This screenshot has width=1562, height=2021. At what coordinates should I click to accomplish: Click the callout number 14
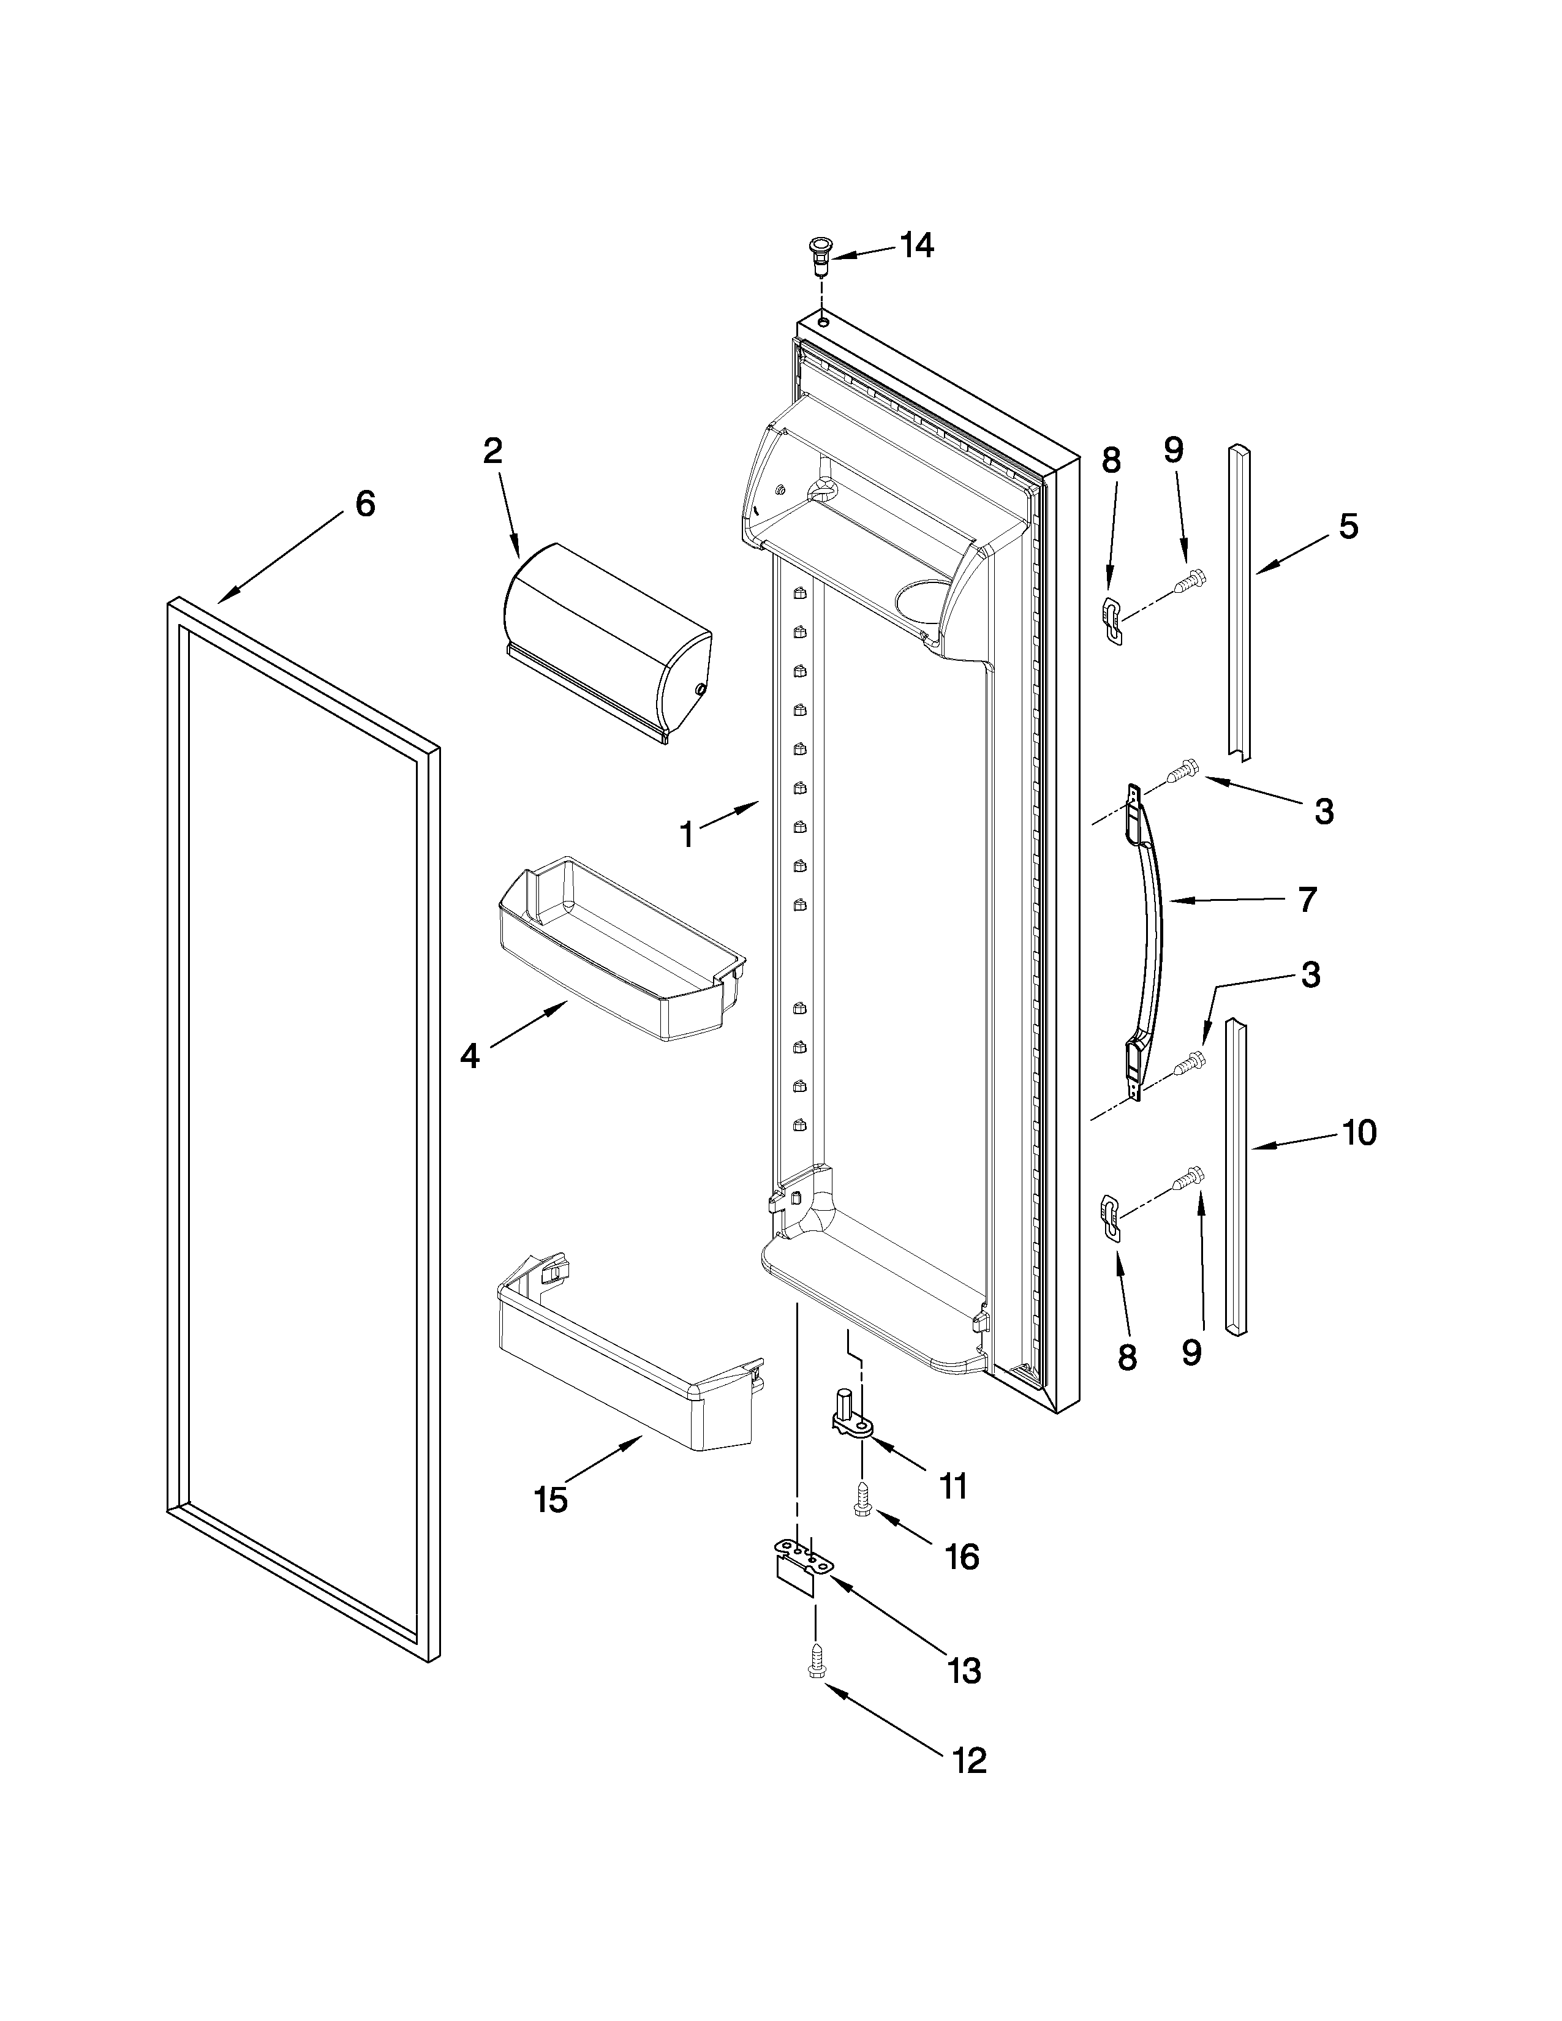point(916,246)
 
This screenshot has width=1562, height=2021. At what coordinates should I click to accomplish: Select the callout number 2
point(492,451)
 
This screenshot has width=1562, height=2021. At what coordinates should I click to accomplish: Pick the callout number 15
point(551,1500)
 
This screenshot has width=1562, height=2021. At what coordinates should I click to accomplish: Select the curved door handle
point(1147,935)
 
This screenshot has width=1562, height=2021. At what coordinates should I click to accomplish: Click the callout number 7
point(1307,900)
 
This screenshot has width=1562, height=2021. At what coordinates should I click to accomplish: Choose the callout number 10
point(1359,1132)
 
